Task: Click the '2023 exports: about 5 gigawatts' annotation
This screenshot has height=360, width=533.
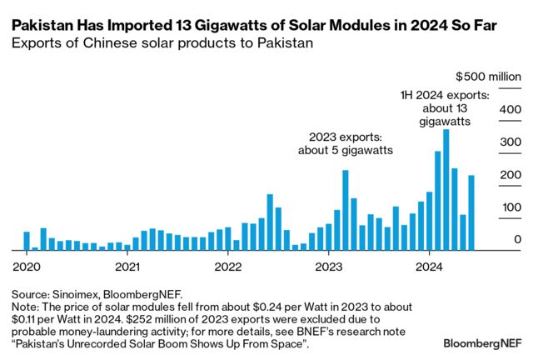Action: click(346, 143)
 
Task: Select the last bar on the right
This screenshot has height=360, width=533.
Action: click(471, 212)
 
